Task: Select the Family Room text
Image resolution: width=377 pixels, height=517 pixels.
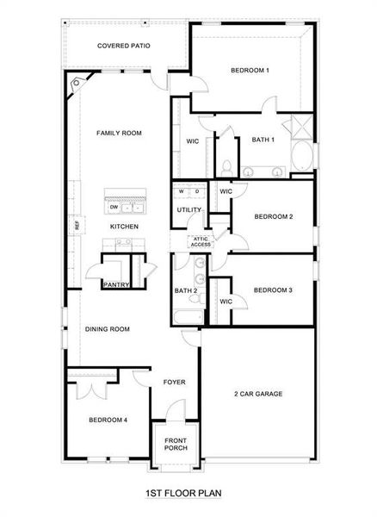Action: (119, 133)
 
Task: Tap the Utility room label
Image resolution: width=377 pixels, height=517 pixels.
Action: (188, 209)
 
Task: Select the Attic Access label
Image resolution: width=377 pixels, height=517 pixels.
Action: (201, 242)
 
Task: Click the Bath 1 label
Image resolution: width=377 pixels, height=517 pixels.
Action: (263, 140)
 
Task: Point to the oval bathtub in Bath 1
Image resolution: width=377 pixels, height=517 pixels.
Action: (302, 159)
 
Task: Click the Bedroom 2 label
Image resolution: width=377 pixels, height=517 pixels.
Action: (274, 216)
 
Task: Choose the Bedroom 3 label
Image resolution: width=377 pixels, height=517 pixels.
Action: (274, 290)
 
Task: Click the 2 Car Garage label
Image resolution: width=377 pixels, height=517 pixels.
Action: (258, 394)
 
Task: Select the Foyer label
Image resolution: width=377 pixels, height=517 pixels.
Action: (175, 382)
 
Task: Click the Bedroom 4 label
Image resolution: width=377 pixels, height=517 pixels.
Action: (108, 420)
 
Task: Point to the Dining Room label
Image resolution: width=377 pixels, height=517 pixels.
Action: (108, 329)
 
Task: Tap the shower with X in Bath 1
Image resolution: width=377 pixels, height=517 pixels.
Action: (302, 126)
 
